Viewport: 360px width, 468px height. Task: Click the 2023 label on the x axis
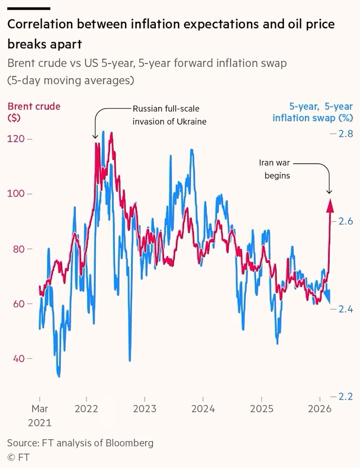pos(144,411)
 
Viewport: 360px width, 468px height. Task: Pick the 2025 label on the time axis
pos(261,411)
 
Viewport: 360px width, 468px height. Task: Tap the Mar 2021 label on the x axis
pos(40,417)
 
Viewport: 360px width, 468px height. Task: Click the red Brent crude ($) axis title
pos(33,112)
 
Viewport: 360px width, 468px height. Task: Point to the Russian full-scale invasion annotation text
pos(166,115)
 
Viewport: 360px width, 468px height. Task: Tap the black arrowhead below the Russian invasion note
pos(95,136)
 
